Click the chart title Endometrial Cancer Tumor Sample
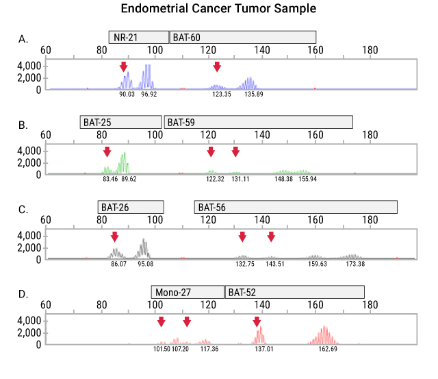(218, 10)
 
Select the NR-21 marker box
(138, 37)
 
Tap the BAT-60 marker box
(243, 37)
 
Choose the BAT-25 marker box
(120, 122)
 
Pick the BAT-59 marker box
(259, 122)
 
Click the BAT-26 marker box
(131, 206)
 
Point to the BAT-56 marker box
(296, 206)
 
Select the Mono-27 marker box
(188, 291)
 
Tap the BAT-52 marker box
(294, 291)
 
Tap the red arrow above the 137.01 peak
(257, 321)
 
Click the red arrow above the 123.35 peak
(217, 66)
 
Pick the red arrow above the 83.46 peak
(107, 151)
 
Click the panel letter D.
(23, 295)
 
